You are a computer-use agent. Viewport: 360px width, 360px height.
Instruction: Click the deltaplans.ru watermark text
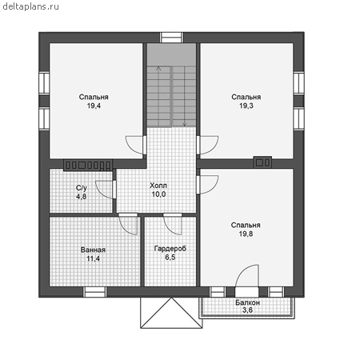[x=30, y=6]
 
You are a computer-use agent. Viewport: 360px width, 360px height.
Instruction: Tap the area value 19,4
[x=94, y=106]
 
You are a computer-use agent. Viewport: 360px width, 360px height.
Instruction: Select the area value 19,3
[x=246, y=106]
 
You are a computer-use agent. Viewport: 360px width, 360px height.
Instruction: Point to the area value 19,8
[x=246, y=234]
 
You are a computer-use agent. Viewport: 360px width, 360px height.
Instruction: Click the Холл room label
[x=158, y=186]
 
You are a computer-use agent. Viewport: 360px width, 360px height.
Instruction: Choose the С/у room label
[x=82, y=188]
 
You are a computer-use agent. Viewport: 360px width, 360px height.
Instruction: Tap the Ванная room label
[x=93, y=250]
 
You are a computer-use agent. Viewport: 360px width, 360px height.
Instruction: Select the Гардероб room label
[x=170, y=249]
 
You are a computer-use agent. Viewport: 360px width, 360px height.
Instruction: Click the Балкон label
[x=247, y=302]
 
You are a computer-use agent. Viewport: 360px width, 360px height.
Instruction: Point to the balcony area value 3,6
[x=247, y=310]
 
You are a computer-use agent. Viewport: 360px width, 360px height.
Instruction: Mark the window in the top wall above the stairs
[x=171, y=38]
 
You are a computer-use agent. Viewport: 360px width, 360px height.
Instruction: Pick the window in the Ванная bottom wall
[x=94, y=292]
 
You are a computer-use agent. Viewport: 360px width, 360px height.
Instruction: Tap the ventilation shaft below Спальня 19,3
[x=262, y=162]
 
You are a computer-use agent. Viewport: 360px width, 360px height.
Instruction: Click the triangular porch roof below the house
[x=171, y=313]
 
